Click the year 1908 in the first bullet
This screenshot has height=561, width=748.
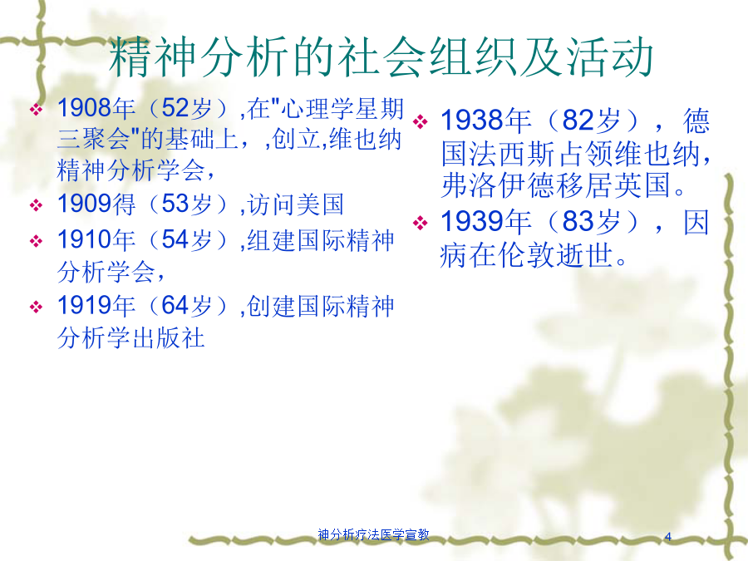pyautogui.click(x=85, y=108)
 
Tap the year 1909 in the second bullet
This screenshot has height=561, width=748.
pyautogui.click(x=85, y=204)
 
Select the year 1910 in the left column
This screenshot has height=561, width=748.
pyautogui.click(x=85, y=239)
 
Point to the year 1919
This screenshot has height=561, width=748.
pyautogui.click(x=85, y=305)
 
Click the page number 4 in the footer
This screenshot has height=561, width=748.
pyautogui.click(x=668, y=537)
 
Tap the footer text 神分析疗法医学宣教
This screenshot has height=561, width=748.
pyautogui.click(x=373, y=534)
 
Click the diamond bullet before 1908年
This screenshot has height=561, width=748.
pyautogui.click(x=37, y=110)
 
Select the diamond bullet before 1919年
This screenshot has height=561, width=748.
pyautogui.click(x=37, y=307)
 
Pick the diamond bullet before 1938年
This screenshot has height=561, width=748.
pyautogui.click(x=421, y=121)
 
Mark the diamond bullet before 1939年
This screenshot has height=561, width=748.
pyautogui.click(x=421, y=223)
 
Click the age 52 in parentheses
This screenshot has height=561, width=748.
pyautogui.click(x=175, y=108)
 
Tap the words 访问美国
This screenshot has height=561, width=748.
pyautogui.click(x=295, y=204)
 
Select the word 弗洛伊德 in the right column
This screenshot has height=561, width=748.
pyautogui.click(x=498, y=185)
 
